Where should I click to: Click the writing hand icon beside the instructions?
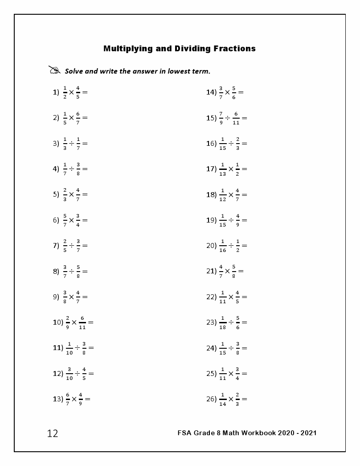coord(54,70)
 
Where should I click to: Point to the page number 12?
coord(53,433)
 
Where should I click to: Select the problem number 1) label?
coord(56,92)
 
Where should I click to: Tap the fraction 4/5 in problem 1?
coord(78,92)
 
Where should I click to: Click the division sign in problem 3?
coord(71,144)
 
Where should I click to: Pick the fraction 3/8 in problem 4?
coord(78,169)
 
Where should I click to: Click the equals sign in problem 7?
coord(85,246)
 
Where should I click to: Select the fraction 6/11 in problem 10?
coord(82,322)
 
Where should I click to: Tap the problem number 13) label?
coord(58,399)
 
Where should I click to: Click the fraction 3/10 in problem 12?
coord(70,374)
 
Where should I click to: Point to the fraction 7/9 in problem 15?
coord(221,118)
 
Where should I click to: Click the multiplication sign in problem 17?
coord(231,169)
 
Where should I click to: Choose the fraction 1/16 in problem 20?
coord(223,246)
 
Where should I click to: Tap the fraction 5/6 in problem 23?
coord(237,322)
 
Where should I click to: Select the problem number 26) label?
coord(211,399)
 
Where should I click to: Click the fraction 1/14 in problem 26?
coord(223,399)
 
